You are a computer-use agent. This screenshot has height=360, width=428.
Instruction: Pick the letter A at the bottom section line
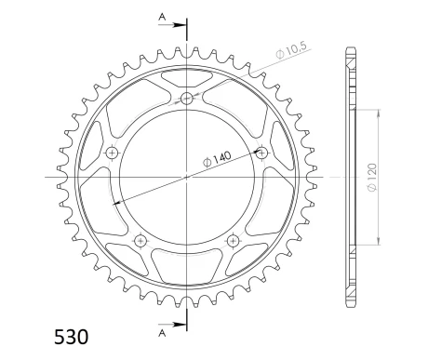tap(164, 331)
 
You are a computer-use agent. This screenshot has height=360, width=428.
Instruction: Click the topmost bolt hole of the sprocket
tap(186, 99)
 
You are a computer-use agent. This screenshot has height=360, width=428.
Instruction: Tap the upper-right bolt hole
tap(261, 153)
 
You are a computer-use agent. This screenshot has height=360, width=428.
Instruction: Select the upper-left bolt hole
tap(112, 153)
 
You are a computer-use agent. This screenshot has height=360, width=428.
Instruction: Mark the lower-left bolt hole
tap(140, 240)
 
